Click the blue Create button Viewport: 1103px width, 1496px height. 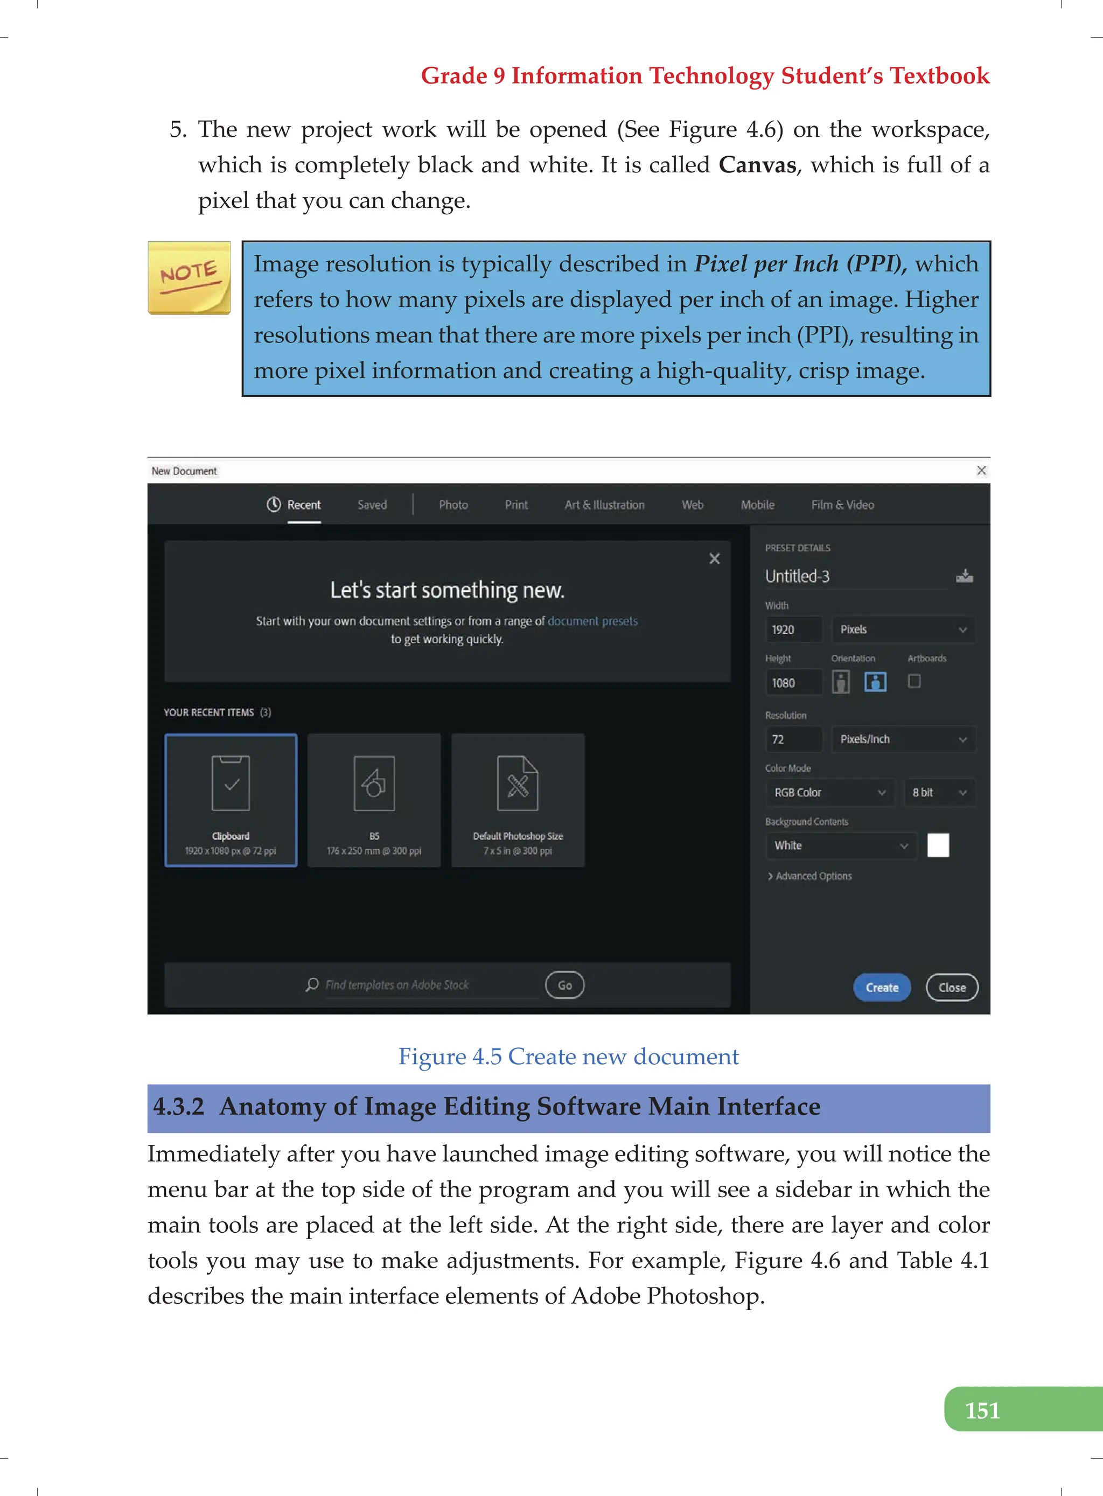(881, 987)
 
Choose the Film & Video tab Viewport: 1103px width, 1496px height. (842, 505)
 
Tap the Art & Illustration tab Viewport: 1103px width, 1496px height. (604, 505)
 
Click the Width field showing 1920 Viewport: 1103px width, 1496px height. (793, 630)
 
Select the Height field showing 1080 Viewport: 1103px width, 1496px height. (793, 683)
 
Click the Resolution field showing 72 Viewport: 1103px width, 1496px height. (793, 739)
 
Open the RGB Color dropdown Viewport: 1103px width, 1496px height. (828, 792)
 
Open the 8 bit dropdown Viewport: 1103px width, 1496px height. (939, 792)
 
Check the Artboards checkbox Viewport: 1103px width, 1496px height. (914, 681)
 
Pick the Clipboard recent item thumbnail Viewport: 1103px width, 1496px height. (231, 800)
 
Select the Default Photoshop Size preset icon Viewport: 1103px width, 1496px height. (518, 784)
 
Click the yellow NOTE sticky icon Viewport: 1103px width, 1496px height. (189, 278)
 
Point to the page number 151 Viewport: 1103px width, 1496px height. (982, 1410)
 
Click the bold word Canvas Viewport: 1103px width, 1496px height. (757, 165)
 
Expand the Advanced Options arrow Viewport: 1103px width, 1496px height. (771, 876)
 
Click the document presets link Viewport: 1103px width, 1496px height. (592, 621)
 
